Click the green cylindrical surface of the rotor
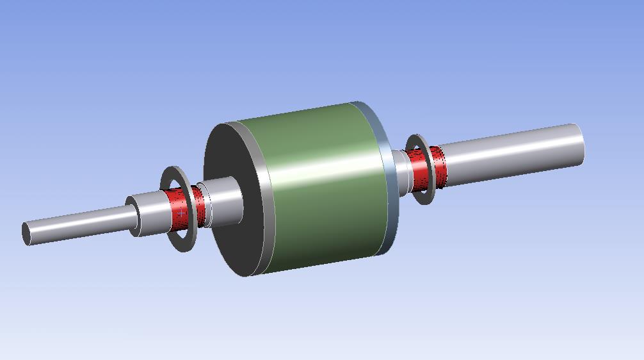click(320, 186)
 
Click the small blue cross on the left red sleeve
click(182, 211)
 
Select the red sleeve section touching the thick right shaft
click(438, 165)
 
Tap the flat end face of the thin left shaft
click(26, 233)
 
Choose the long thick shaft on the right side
click(512, 151)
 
